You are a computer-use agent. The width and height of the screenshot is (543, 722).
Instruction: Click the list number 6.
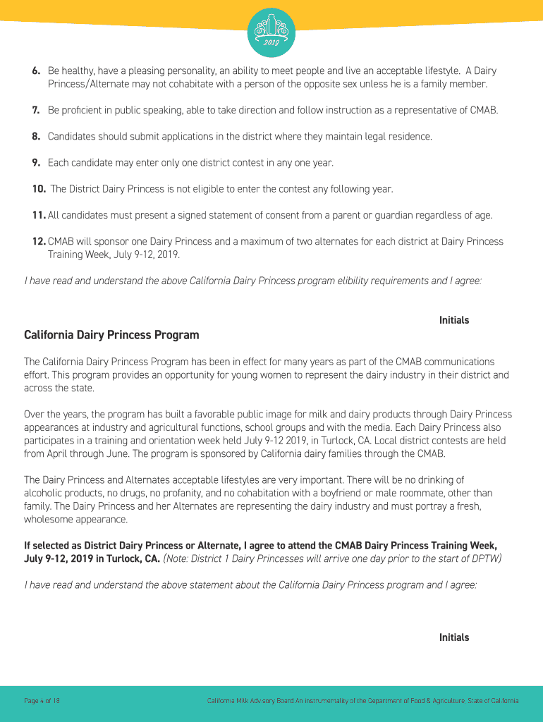(35, 71)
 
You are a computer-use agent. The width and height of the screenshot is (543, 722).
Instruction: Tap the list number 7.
(35, 111)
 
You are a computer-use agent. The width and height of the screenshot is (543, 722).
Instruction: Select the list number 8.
(35, 136)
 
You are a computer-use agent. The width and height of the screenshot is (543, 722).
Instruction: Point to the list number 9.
(35, 163)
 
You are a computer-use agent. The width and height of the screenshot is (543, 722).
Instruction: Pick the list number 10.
(39, 189)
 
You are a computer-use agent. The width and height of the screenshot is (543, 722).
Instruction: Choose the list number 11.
(39, 215)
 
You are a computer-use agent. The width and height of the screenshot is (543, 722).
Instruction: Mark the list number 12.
(39, 241)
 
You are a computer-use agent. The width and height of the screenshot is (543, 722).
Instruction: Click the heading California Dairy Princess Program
(111, 335)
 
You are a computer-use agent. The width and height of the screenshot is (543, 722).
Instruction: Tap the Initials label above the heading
(454, 320)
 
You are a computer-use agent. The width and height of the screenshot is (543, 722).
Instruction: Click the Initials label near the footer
(454, 637)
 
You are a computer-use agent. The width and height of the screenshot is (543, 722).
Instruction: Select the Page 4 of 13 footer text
(42, 701)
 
